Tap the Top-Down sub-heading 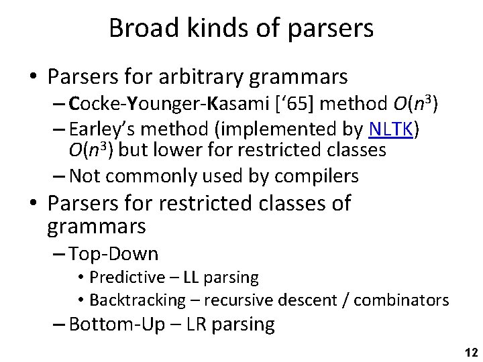click(x=113, y=253)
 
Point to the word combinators click(x=401, y=299)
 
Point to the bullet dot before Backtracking click(x=80, y=300)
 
